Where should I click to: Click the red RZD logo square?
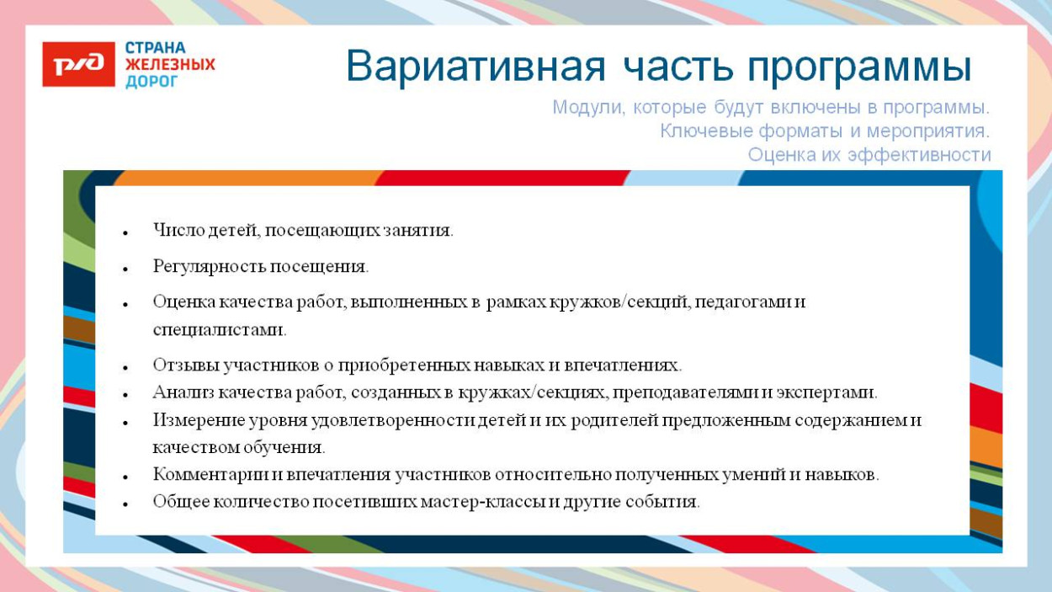(x=78, y=64)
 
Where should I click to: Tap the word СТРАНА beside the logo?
(x=156, y=48)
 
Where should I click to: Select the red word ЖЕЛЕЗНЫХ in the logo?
(x=170, y=65)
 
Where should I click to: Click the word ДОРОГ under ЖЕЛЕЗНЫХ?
(x=151, y=82)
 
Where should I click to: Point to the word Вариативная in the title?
(x=476, y=67)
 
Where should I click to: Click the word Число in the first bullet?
(x=173, y=230)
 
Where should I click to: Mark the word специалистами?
(x=218, y=330)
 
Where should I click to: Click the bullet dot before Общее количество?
(x=124, y=504)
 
